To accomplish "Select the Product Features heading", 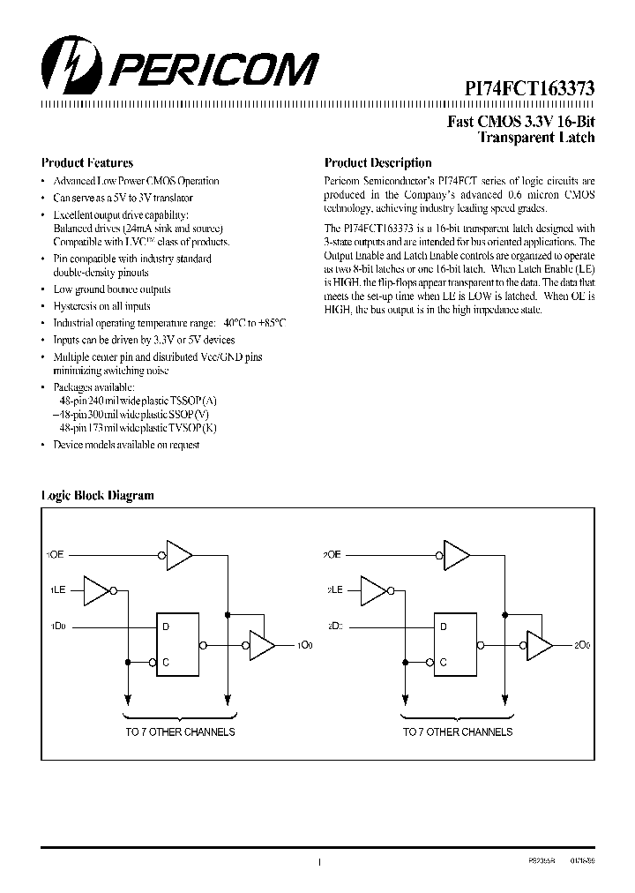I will tap(87, 163).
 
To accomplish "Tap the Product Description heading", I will tap(377, 163).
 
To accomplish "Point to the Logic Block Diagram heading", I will tap(97, 496).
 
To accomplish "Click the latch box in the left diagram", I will tap(179, 644).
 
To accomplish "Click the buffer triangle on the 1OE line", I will tap(179, 555).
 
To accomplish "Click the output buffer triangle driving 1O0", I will tap(261, 645).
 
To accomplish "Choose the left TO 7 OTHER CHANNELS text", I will tap(180, 732).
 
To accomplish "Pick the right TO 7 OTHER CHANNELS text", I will tap(458, 732).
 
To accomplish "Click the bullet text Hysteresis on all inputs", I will tap(101, 306).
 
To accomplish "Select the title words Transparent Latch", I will tap(535, 138).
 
